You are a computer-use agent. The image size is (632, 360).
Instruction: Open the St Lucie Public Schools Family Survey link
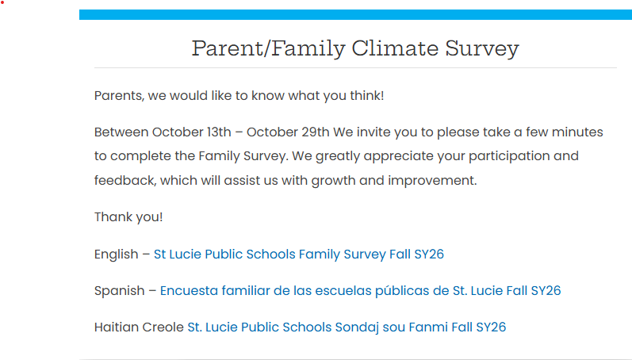[x=298, y=255]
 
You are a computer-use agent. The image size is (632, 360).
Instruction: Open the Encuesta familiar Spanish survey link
[x=360, y=291]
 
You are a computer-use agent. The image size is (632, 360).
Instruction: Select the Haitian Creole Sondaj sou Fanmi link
[x=347, y=327]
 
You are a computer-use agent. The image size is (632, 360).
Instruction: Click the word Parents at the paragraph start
[x=119, y=96]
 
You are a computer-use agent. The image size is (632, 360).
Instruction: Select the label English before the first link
[x=116, y=255]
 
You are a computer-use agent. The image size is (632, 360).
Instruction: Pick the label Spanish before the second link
[x=119, y=291]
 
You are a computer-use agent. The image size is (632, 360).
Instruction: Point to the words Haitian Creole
[x=139, y=327]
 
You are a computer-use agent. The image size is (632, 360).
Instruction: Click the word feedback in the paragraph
[x=125, y=180]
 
